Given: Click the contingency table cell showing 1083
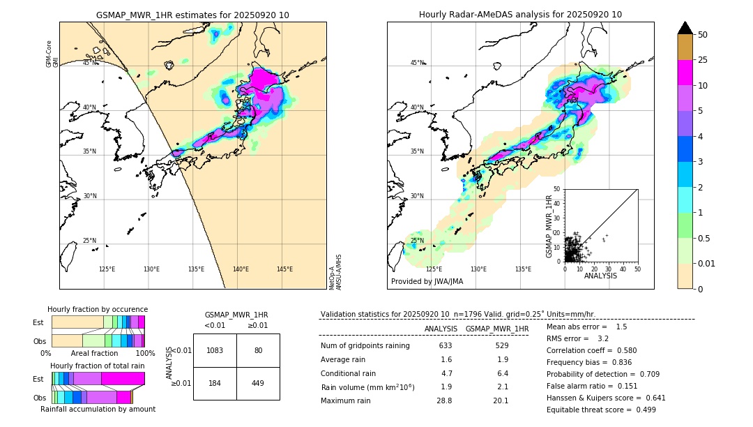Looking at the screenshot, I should tap(215, 350).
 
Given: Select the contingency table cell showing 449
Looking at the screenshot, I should tap(258, 383).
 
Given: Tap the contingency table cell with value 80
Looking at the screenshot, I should tap(258, 350).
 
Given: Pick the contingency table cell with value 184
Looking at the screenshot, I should tap(215, 383).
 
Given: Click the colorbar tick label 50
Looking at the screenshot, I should tap(703, 35).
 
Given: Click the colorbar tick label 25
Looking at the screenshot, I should tap(703, 61).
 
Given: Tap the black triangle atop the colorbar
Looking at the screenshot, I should tap(685, 28).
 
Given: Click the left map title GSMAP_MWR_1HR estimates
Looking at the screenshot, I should tap(192, 15).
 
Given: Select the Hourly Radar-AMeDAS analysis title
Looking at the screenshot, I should tap(520, 15).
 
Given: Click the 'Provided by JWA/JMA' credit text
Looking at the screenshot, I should tap(427, 281).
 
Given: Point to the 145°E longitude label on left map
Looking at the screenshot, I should tap(284, 269).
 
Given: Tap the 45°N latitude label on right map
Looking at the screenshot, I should tap(417, 63).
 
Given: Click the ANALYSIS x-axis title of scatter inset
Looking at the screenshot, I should tap(600, 276).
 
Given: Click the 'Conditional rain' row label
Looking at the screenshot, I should tap(348, 373).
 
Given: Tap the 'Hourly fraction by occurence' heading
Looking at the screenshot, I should tap(98, 309).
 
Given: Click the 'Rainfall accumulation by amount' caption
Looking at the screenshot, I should tap(98, 409).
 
